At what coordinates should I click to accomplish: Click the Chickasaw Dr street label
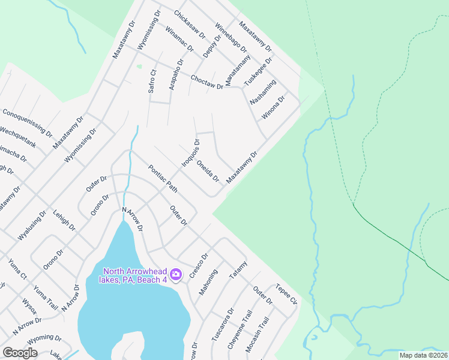189,22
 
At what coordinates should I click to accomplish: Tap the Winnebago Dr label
231,37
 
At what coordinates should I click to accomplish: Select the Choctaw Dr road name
206,82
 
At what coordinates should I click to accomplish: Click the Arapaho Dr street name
176,74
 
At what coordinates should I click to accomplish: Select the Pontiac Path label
163,179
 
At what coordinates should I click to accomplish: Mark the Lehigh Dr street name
64,220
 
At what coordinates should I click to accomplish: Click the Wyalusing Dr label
32,226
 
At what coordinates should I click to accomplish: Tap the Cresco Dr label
199,264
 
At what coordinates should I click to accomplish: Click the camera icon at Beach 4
176,275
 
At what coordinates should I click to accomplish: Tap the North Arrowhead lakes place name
134,275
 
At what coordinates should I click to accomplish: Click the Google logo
20,353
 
